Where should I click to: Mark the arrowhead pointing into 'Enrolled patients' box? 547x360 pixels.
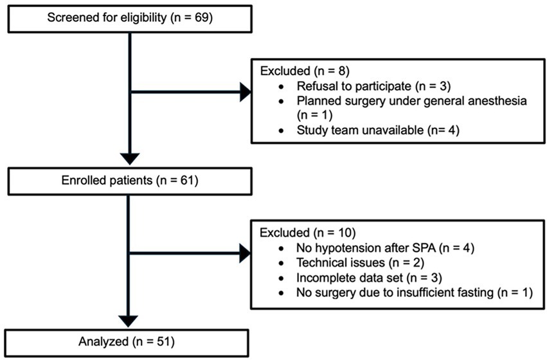[130, 156]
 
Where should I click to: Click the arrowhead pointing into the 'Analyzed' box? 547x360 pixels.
[130, 319]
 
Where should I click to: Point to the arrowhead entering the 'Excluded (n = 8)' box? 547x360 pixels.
[246, 93]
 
